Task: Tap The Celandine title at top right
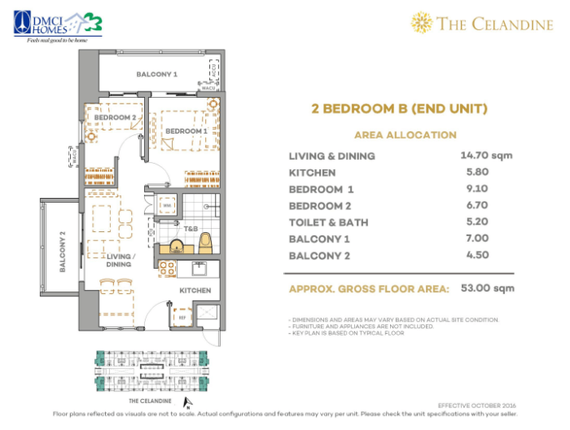click(x=482, y=24)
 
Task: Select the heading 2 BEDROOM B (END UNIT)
click(x=400, y=108)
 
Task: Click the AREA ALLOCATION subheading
click(x=406, y=135)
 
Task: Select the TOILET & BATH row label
click(x=328, y=222)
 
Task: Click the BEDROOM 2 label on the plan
click(x=114, y=118)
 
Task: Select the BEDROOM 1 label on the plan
click(x=186, y=131)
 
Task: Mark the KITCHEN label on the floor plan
click(x=195, y=290)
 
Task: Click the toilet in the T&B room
click(x=205, y=242)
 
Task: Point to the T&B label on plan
click(x=191, y=229)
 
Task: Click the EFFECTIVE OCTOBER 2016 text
click(x=476, y=406)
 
